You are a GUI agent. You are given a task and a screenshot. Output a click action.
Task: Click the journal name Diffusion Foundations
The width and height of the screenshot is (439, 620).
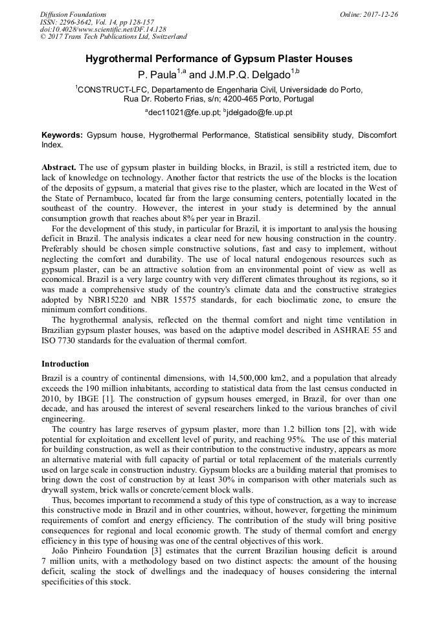pyautogui.click(x=73, y=14)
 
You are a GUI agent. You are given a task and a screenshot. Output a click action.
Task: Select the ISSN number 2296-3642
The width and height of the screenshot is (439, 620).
pyautogui.click(x=81, y=22)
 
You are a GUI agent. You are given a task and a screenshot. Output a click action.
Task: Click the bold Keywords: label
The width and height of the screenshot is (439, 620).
pyautogui.click(x=62, y=135)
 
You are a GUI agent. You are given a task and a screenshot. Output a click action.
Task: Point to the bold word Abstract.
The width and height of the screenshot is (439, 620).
pyautogui.click(x=58, y=167)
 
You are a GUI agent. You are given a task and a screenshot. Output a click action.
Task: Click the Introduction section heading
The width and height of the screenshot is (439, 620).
pyautogui.click(x=65, y=364)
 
